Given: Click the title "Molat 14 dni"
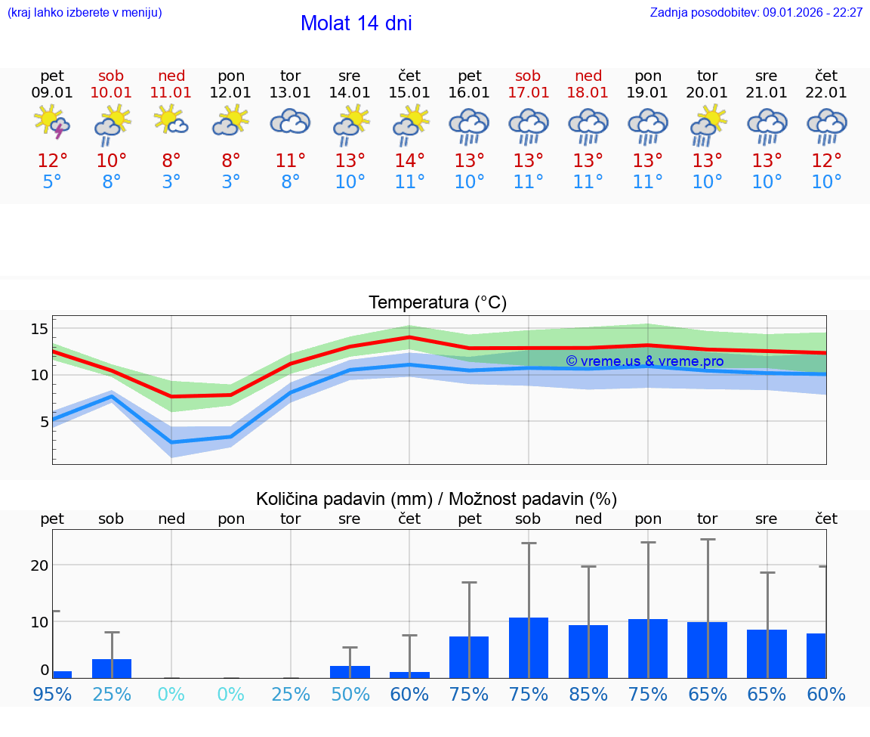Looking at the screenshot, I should (x=356, y=23).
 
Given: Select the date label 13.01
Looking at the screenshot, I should (x=290, y=93).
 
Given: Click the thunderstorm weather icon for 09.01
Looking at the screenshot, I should (x=52, y=123).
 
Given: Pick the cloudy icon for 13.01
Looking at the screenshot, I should (x=290, y=122).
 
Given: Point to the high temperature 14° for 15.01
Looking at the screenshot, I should (x=409, y=161).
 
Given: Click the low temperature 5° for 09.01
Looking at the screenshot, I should (x=52, y=182).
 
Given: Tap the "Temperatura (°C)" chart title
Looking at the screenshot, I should (x=437, y=303).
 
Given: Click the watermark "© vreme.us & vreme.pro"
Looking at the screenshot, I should (x=644, y=361).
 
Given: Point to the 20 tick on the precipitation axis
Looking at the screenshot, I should (x=39, y=565).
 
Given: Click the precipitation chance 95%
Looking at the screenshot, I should (x=52, y=695).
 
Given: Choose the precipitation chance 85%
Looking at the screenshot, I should (x=588, y=695).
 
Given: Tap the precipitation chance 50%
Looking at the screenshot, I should (x=350, y=695).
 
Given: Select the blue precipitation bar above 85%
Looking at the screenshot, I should (x=588, y=652).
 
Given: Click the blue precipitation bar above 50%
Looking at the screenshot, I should (x=350, y=672).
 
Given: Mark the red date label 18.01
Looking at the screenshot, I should (x=588, y=93).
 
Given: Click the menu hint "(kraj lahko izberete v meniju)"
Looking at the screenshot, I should (x=85, y=13).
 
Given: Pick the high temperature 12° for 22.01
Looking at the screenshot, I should (x=826, y=161).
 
